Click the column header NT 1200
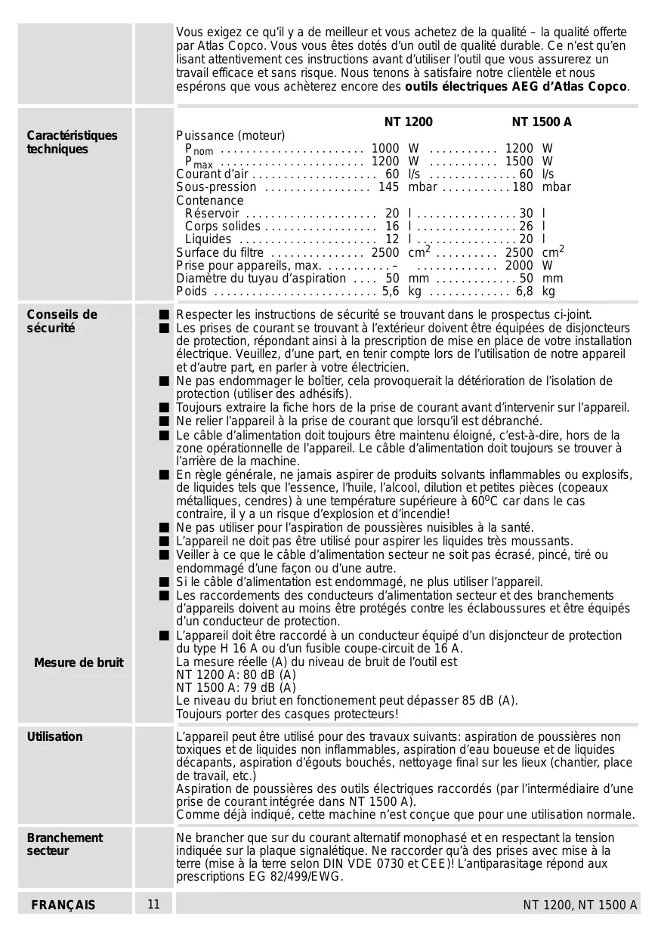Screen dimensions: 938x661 (408, 122)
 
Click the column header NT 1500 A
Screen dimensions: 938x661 (541, 122)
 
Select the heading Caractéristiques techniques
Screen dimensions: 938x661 (73, 142)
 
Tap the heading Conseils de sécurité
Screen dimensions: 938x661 (62, 321)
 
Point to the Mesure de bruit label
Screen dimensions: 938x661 (79, 662)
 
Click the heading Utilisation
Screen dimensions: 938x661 (55, 736)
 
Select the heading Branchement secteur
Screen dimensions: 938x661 (65, 844)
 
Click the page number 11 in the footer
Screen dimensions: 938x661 (154, 904)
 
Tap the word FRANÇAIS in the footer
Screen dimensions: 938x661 (63, 905)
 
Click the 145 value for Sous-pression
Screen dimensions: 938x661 (388, 187)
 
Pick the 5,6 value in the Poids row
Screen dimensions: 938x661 (391, 291)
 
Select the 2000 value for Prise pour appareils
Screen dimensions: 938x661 (519, 265)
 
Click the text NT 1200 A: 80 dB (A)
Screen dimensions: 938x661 (236, 674)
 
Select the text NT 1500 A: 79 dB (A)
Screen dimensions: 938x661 (236, 687)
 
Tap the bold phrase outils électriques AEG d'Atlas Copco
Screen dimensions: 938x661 (516, 87)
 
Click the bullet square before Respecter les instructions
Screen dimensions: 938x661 (163, 314)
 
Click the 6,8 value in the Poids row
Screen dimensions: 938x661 (524, 291)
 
